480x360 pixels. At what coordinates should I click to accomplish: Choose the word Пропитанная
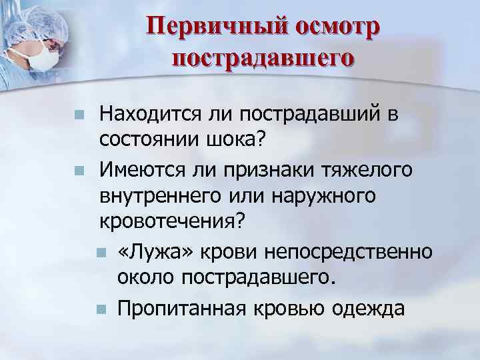click(x=177, y=309)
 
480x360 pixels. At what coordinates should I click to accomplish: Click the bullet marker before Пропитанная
click(x=101, y=309)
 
